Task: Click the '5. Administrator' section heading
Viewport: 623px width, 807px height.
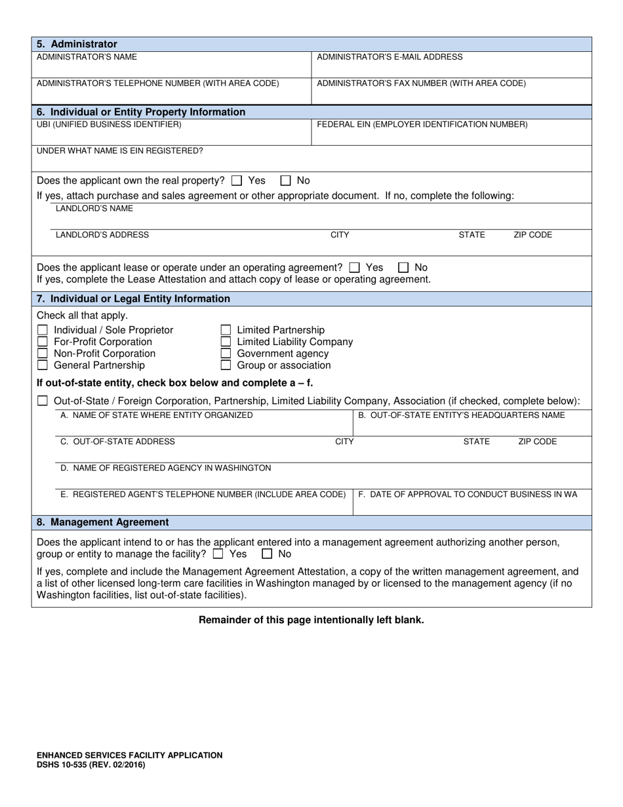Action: pos(77,44)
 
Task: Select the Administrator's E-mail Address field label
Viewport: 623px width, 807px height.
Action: pos(390,57)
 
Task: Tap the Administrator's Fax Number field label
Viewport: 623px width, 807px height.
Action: pos(421,83)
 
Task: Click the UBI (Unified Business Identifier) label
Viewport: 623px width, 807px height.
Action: pos(109,124)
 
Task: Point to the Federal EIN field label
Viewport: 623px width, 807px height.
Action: pos(422,124)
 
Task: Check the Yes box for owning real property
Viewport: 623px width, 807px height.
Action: pos(237,180)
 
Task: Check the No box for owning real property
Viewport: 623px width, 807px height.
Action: pos(286,180)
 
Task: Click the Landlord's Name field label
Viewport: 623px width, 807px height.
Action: pos(94,209)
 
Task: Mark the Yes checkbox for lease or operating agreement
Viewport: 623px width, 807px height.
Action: pos(355,268)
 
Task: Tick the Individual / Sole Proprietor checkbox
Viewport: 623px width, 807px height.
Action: pos(43,330)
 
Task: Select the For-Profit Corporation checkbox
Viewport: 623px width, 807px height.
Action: pos(43,342)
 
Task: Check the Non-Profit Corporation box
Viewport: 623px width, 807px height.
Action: pos(43,354)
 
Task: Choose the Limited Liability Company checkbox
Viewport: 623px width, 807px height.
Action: pos(226,342)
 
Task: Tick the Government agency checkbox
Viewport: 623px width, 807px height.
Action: pos(226,354)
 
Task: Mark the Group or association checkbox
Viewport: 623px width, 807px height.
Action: pos(226,365)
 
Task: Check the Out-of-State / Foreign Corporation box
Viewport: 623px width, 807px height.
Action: pos(43,401)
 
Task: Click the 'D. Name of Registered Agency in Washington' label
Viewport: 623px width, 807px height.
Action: pos(165,468)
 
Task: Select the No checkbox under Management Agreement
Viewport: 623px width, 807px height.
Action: pos(268,554)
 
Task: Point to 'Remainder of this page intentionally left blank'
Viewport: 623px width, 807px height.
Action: pos(311,620)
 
